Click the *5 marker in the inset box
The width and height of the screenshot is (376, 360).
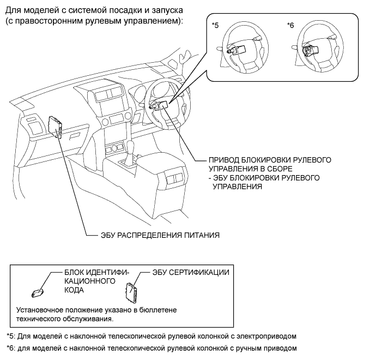(x=215, y=25)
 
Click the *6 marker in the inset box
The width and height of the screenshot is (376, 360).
(x=290, y=25)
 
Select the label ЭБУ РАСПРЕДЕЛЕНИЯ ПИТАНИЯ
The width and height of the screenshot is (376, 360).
(x=160, y=235)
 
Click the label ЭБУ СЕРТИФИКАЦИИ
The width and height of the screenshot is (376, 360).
(x=191, y=272)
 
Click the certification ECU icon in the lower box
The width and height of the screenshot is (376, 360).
(x=131, y=292)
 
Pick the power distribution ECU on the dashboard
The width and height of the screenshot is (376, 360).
(x=56, y=127)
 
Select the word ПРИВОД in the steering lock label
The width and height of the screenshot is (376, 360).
(x=223, y=160)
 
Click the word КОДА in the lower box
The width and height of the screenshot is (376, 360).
(x=74, y=290)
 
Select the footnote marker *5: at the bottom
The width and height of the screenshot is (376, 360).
(x=11, y=336)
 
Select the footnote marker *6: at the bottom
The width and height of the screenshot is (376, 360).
(x=11, y=348)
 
